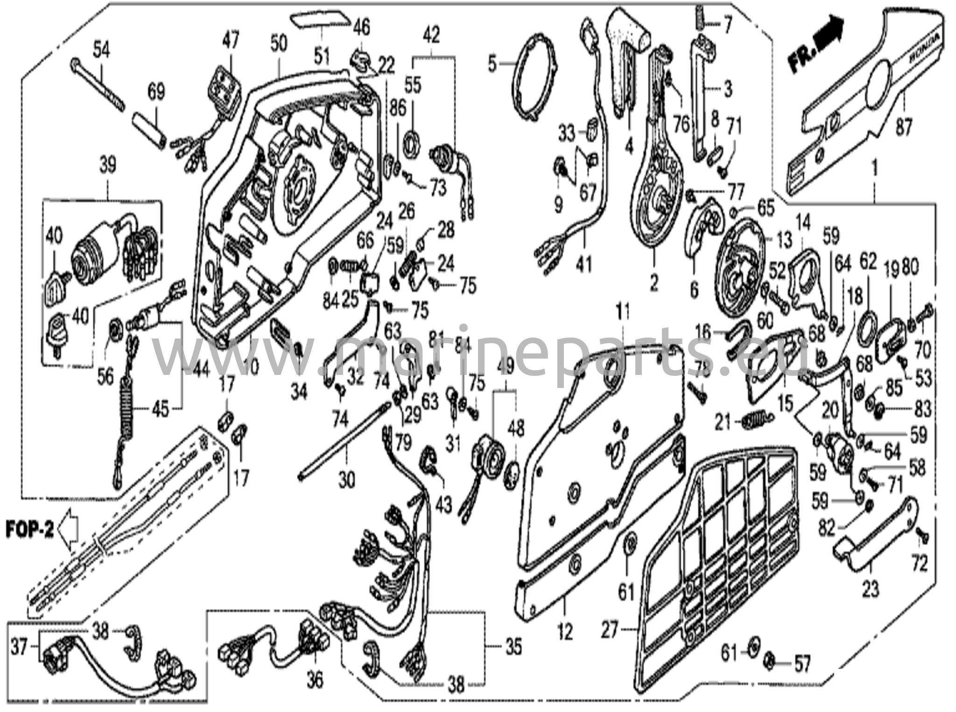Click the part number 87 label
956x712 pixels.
click(903, 127)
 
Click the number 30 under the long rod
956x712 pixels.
click(346, 479)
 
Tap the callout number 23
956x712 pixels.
click(870, 588)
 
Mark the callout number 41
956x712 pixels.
click(583, 264)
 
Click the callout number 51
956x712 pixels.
click(321, 56)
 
